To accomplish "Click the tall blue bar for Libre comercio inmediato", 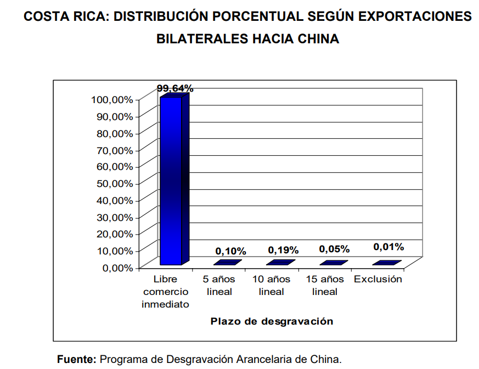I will [171, 181].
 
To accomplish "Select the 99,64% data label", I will [174, 88].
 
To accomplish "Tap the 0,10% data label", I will [230, 251].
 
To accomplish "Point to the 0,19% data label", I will [283, 250].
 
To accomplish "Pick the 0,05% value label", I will [334, 249].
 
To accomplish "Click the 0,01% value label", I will [388, 247].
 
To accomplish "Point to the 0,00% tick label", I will [117, 268].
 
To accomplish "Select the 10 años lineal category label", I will [271, 285].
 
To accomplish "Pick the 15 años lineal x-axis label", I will [325, 285].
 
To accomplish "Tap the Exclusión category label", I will [378, 279].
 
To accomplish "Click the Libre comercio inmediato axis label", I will [165, 292].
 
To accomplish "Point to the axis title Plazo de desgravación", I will [272, 321].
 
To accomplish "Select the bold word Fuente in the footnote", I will [76, 360].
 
